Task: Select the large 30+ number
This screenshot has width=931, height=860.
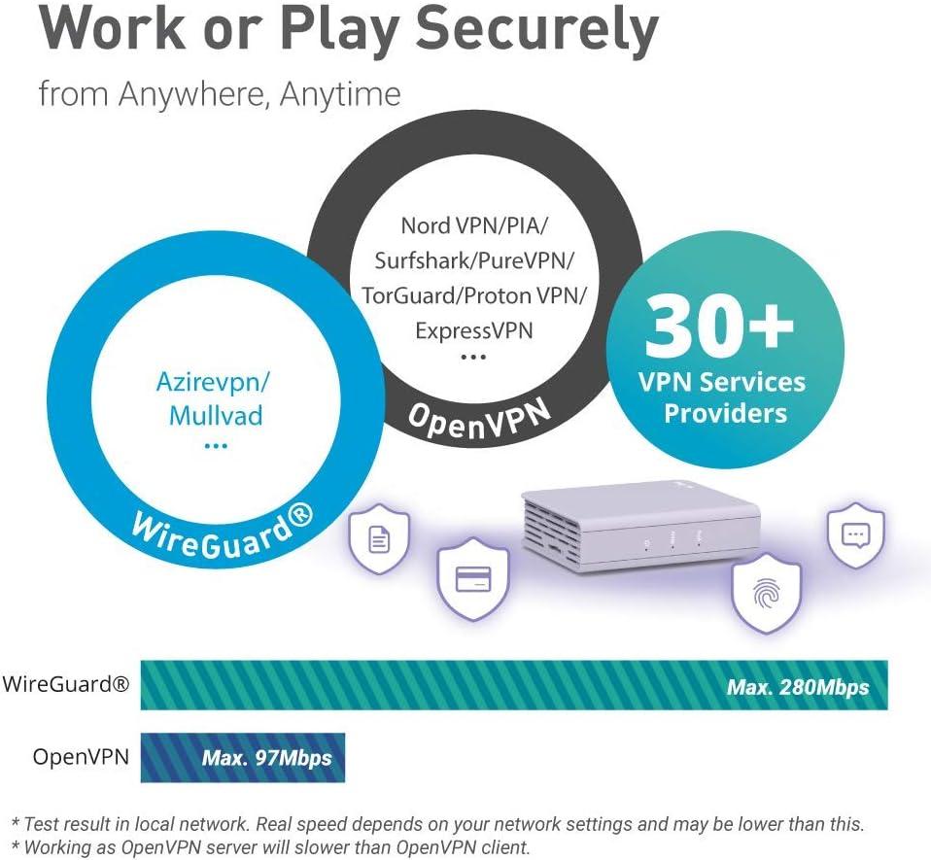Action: pyautogui.click(x=720, y=327)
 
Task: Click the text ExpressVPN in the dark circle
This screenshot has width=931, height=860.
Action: pyautogui.click(x=474, y=330)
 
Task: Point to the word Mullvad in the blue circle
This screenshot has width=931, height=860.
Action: pyautogui.click(x=216, y=415)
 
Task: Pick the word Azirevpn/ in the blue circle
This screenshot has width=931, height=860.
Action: pyautogui.click(x=213, y=381)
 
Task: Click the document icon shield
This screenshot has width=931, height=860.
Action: pyautogui.click(x=379, y=540)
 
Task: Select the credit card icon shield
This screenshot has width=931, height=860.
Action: pyautogui.click(x=473, y=581)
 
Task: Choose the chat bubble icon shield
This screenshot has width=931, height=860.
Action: pyautogui.click(x=855, y=535)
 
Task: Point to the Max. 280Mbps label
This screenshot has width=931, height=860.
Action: pyautogui.click(x=798, y=688)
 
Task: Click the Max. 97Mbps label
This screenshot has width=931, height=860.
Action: pyautogui.click(x=266, y=758)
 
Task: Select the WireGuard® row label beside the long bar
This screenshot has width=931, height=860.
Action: pyautogui.click(x=65, y=684)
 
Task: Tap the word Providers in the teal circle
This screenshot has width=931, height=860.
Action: pyautogui.click(x=725, y=413)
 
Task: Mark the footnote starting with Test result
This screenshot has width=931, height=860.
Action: pyautogui.click(x=436, y=824)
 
